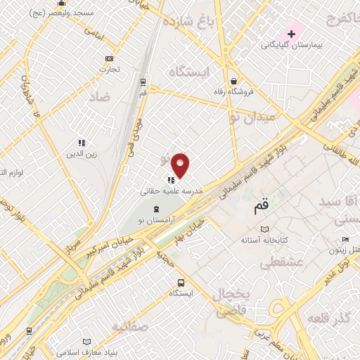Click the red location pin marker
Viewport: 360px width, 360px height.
pyautogui.click(x=181, y=165)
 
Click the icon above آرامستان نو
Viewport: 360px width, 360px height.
pyautogui.click(x=156, y=209)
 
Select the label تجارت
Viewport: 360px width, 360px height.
pyautogui.click(x=108, y=69)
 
